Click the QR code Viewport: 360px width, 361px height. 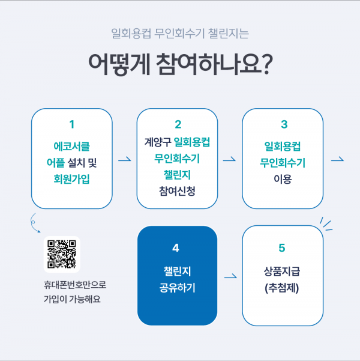(62, 254)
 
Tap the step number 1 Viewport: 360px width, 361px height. (72, 125)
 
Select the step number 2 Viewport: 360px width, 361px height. (178, 125)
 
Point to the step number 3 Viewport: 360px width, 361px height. (283, 125)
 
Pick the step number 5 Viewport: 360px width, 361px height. (282, 247)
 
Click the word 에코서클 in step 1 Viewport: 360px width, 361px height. (72, 146)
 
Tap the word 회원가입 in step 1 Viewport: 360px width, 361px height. (72, 178)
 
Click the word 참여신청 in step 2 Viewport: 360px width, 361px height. (178, 191)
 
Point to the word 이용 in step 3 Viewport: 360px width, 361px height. (283, 178)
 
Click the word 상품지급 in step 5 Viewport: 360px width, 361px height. (282, 272)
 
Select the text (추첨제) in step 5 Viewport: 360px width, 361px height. (282, 288)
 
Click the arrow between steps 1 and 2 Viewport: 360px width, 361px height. (125, 160)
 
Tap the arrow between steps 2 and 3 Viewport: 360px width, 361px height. (229, 160)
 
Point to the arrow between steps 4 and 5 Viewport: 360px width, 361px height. (229, 278)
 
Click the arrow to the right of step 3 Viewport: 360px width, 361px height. (337, 160)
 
